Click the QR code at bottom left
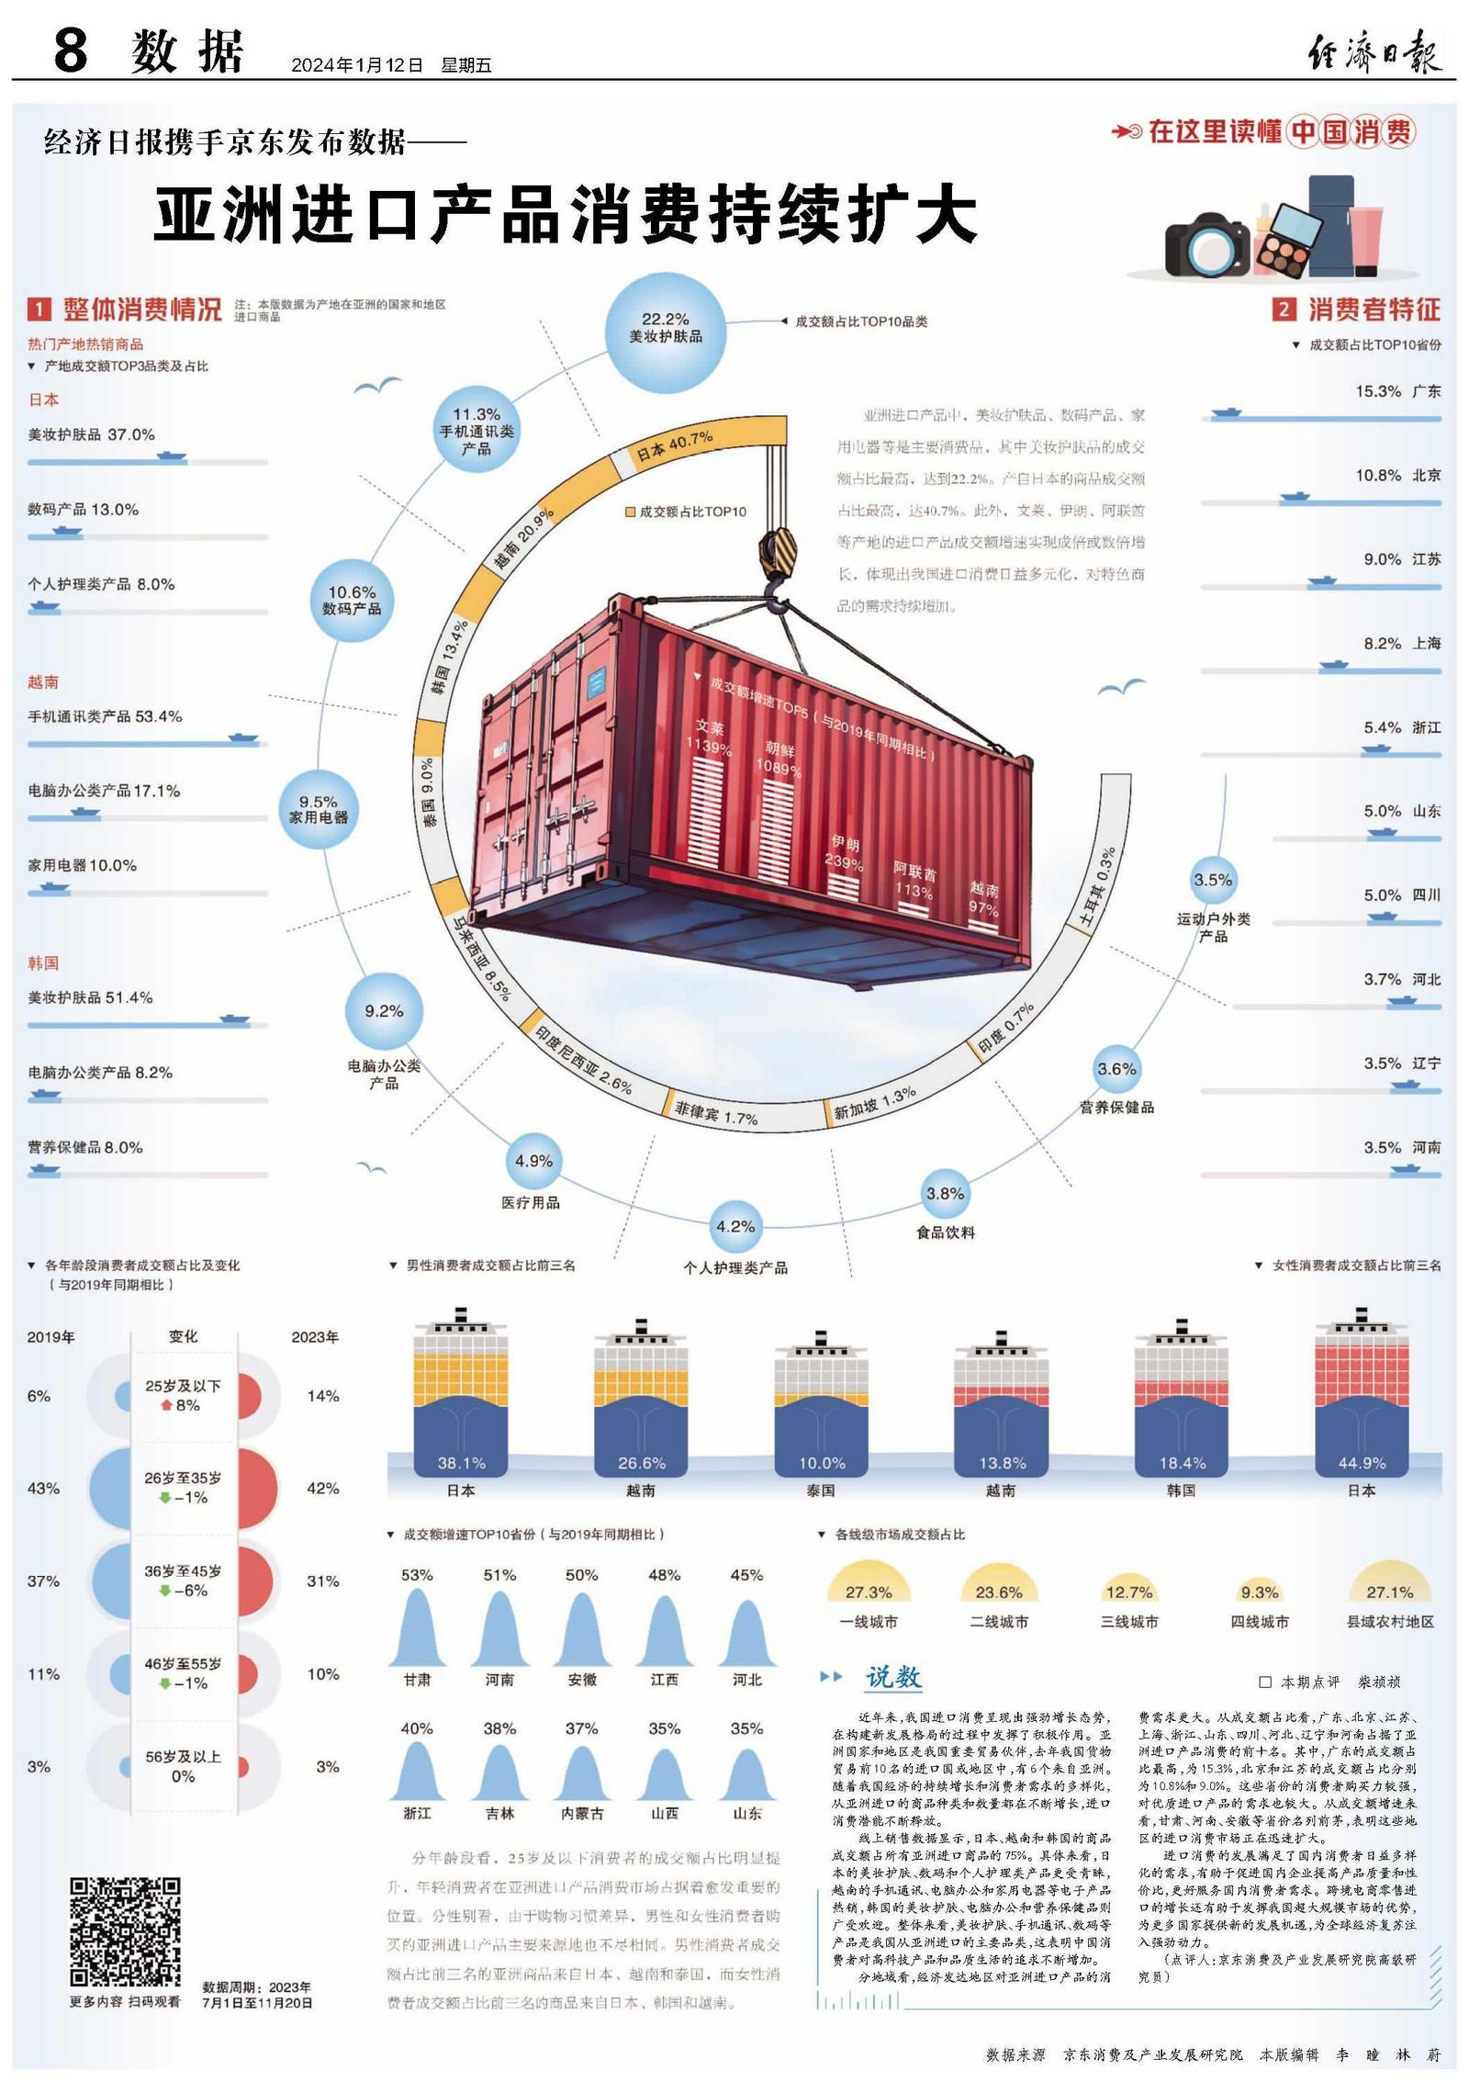click(125, 1931)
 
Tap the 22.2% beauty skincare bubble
click(665, 329)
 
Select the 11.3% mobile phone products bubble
click(476, 430)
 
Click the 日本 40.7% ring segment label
click(675, 446)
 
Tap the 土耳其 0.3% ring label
click(1097, 887)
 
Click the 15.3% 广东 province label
click(1397, 391)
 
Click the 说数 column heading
click(892, 1677)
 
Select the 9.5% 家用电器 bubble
click(318, 809)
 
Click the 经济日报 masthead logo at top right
click(1374, 51)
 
